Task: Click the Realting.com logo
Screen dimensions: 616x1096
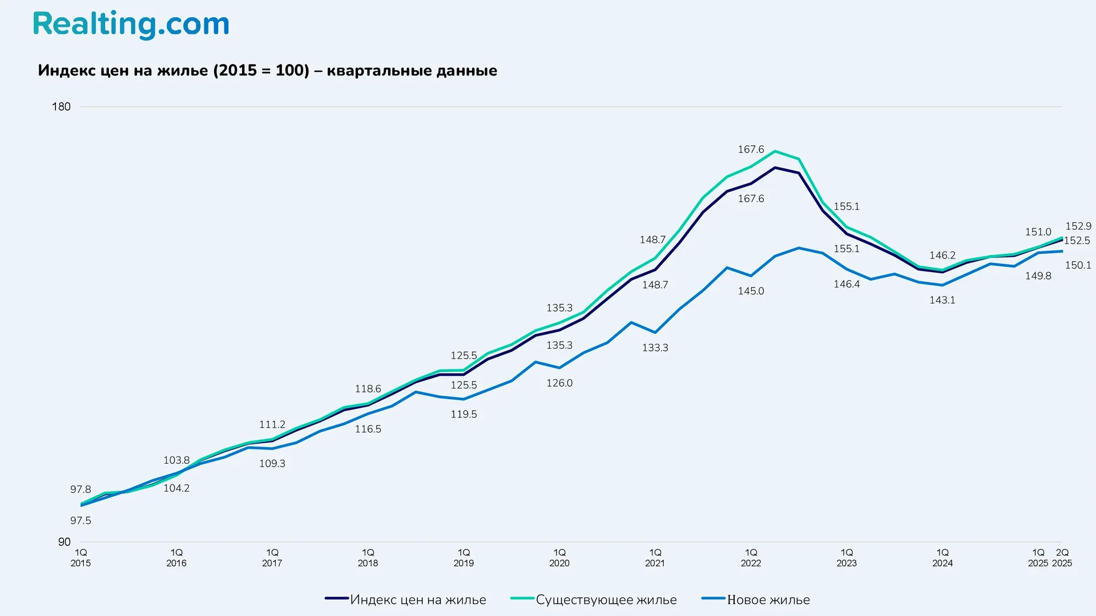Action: click(131, 25)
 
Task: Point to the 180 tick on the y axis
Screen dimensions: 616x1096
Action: click(61, 107)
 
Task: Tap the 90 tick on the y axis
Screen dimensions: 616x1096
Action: click(64, 542)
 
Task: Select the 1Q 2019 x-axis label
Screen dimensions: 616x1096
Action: click(464, 558)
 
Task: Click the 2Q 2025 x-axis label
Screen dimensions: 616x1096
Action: click(1062, 558)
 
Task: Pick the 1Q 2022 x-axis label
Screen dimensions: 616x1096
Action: click(751, 558)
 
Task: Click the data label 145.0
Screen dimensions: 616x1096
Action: click(751, 291)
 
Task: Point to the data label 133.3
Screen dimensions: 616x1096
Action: click(655, 347)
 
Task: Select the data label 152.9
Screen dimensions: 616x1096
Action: click(1078, 226)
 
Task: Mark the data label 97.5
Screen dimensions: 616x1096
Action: click(80, 520)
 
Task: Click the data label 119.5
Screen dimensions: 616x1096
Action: click(464, 414)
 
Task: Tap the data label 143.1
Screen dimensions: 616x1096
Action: click(942, 300)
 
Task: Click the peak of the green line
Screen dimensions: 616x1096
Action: click(775, 151)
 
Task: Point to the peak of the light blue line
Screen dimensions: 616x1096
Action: click(799, 248)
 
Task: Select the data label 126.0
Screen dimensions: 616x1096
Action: click(559, 383)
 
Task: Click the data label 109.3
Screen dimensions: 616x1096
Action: click(272, 463)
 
